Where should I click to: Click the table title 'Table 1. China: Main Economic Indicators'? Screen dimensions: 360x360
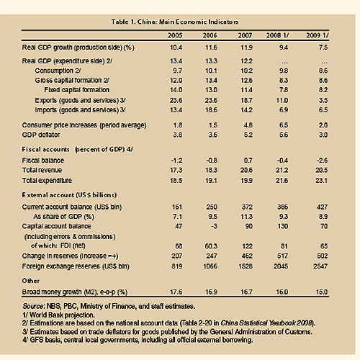(x=175, y=22)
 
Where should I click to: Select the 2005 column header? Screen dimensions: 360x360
(x=175, y=35)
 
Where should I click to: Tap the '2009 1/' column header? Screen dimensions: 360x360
(x=318, y=35)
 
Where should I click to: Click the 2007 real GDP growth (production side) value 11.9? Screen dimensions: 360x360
(x=246, y=48)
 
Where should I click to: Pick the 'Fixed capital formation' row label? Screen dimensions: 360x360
(x=77, y=90)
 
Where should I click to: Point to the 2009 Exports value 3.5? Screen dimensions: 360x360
(x=323, y=100)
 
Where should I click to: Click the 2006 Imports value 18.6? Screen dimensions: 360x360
(x=211, y=110)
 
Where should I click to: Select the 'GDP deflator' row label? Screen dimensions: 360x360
(x=41, y=135)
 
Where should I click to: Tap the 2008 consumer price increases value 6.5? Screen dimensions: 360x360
(x=284, y=125)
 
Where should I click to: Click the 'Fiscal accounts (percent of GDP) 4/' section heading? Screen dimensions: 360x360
(x=78, y=150)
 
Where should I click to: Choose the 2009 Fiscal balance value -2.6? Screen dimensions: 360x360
(x=322, y=161)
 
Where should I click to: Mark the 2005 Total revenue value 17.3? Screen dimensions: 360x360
(x=176, y=170)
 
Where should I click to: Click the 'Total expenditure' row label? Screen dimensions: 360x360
(x=47, y=181)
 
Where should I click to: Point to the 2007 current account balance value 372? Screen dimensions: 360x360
(x=247, y=207)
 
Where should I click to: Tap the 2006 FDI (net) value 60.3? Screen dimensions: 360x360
(x=210, y=246)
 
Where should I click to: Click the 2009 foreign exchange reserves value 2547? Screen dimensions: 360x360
(x=320, y=266)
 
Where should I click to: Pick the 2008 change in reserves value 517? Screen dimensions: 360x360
(x=282, y=256)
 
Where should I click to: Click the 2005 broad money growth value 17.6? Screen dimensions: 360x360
(x=176, y=292)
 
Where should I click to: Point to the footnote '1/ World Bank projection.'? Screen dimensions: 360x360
(x=58, y=315)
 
